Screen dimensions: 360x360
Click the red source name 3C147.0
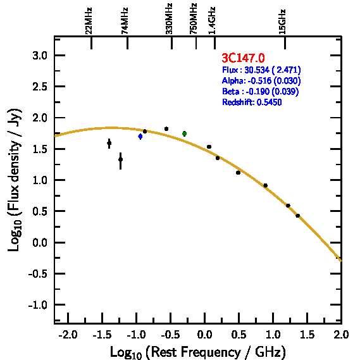243,58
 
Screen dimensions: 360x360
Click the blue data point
140,137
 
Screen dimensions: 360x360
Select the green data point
184,133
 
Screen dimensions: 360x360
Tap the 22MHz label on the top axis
89,21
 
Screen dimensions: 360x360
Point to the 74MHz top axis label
124,21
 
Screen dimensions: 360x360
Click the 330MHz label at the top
169,19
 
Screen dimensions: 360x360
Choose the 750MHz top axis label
193,19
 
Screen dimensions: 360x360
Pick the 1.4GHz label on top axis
212,21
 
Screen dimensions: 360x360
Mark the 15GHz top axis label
282,22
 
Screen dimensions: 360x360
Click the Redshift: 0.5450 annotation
252,102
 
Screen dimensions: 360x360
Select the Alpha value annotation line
261,81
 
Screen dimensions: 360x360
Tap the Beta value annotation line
261,92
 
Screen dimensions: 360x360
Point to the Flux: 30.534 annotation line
261,70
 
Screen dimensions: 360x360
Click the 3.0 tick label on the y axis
40,56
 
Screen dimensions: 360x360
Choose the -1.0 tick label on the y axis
38,306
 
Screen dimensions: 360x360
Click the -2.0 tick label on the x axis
68,335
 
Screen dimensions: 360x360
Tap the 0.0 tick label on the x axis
204,335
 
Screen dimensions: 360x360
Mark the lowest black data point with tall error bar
121,160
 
